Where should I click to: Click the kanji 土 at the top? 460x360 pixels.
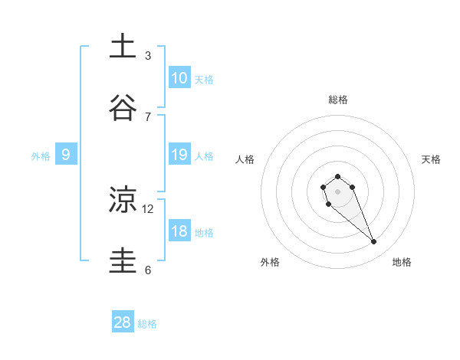click(123, 46)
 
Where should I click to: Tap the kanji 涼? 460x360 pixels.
click(123, 200)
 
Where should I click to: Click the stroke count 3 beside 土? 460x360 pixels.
click(148, 55)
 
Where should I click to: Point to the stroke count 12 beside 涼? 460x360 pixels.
click(148, 208)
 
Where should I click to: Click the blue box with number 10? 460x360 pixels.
click(179, 77)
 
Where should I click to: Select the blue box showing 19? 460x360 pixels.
click(179, 155)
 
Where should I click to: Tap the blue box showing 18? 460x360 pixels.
click(179, 231)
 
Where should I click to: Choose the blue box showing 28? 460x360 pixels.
click(123, 322)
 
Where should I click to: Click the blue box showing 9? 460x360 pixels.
click(66, 155)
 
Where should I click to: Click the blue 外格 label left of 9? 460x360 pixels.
click(41, 156)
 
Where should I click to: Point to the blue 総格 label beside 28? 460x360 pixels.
click(147, 324)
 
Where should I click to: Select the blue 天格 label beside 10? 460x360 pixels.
click(204, 80)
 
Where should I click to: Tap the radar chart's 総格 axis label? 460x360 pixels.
click(338, 100)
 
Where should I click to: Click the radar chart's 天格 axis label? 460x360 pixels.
click(431, 159)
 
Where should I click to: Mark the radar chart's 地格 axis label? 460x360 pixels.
click(402, 262)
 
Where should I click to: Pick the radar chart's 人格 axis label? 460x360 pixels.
click(245, 159)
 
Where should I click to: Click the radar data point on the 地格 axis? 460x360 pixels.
click(374, 242)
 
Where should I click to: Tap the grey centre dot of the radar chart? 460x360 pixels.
click(337, 191)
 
